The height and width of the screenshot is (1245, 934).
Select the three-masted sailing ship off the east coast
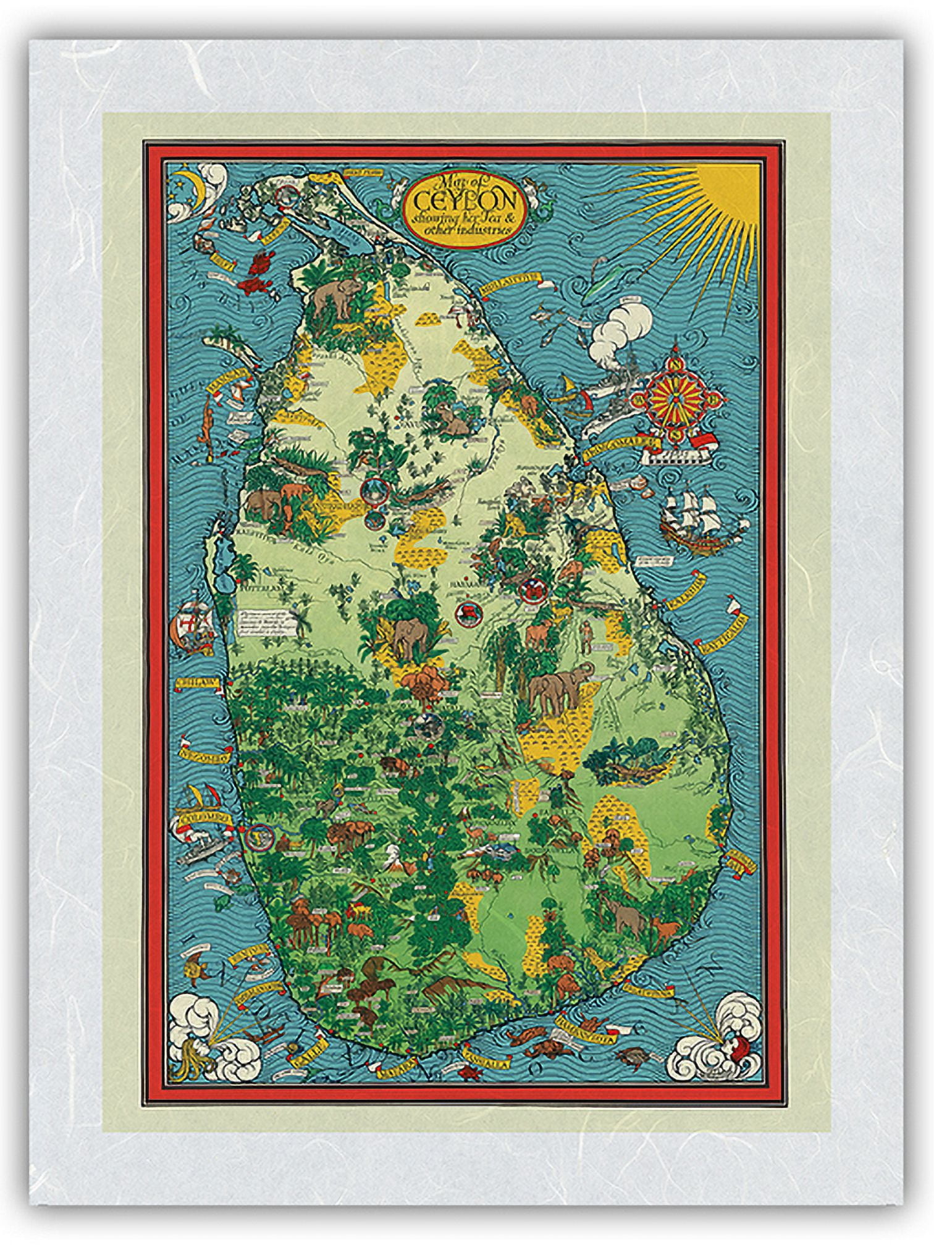[x=692, y=518]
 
